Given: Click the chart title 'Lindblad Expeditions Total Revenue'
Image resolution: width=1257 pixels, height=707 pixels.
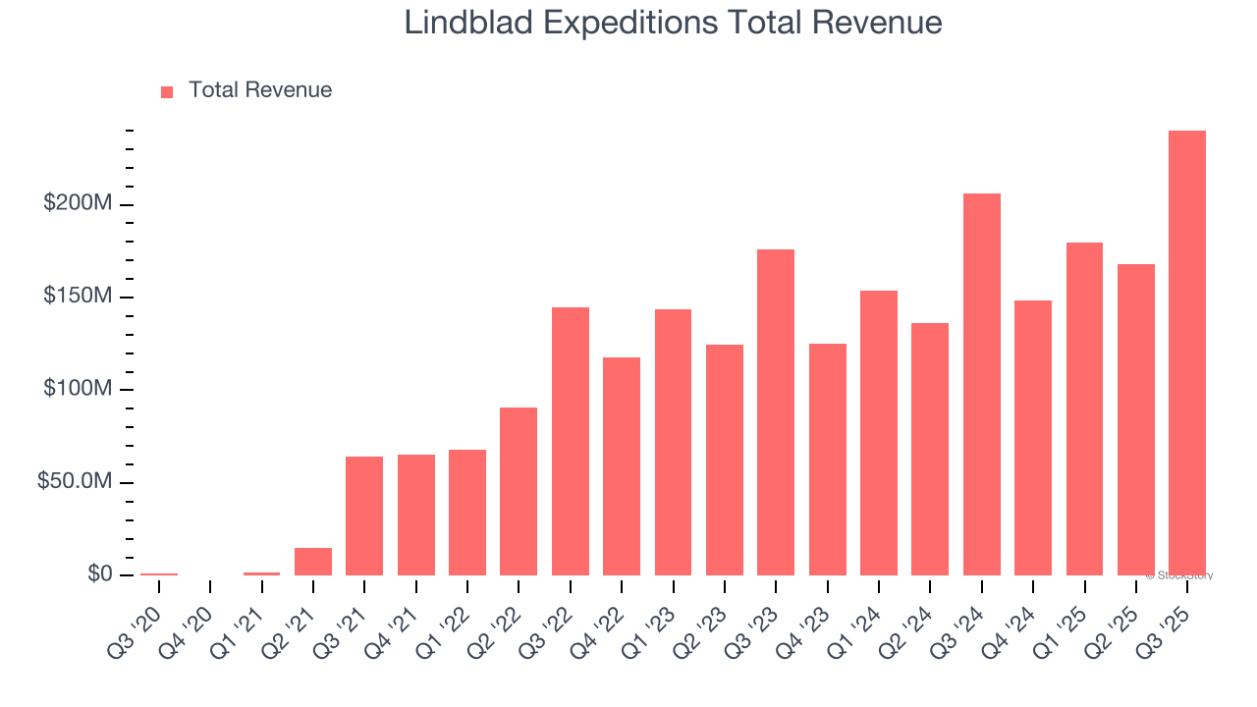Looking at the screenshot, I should (673, 24).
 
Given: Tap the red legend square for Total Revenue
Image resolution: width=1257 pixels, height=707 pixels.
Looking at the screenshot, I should (167, 92).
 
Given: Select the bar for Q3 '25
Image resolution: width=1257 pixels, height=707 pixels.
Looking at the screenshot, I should (1187, 353).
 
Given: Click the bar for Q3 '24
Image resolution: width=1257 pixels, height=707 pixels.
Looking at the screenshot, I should (982, 384).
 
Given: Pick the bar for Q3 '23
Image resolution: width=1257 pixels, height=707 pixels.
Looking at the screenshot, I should (776, 412).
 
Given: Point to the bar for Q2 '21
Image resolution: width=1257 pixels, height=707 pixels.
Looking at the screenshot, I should (313, 562).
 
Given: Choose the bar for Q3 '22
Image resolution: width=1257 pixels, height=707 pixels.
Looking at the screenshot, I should (571, 441).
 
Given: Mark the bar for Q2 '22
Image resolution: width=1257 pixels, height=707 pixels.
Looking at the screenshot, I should (519, 491).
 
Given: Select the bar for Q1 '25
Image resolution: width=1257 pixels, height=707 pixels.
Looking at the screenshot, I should (1084, 408).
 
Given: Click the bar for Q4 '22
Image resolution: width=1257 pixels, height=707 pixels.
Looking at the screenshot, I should (622, 466).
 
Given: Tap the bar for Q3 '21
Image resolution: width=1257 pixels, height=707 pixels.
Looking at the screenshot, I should (364, 516).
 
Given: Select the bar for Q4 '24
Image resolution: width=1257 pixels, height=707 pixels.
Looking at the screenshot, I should (1033, 438).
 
